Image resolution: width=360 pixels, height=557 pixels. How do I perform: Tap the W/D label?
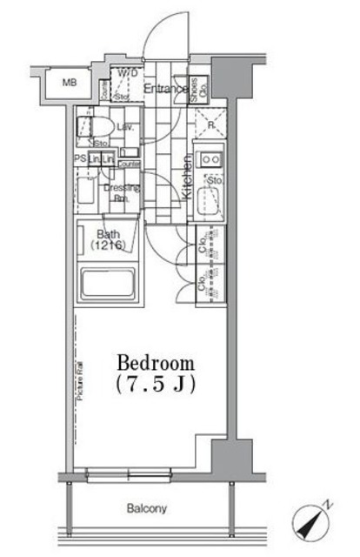128,74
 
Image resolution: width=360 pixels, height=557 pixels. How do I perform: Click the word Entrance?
165,88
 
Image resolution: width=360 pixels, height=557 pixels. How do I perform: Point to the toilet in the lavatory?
90,125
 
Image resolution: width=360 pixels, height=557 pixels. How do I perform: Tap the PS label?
79,159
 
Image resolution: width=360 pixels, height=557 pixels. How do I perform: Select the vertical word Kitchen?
187,178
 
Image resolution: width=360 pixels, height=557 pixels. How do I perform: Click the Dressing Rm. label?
121,191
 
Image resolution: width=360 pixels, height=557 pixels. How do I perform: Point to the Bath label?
108,235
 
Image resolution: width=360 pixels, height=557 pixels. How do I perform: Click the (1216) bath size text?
108,246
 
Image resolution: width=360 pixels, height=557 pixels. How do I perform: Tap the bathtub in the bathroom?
108,285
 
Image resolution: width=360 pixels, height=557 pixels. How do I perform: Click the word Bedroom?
156,363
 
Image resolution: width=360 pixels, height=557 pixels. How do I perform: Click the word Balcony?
150,507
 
